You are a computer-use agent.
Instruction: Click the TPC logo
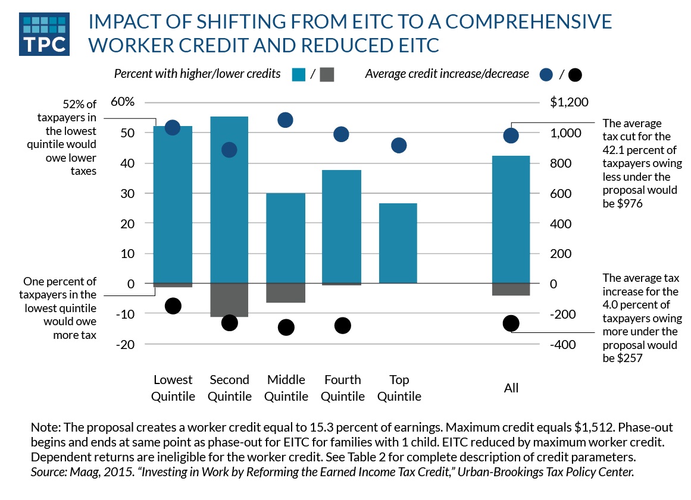click(45, 33)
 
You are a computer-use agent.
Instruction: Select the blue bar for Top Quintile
click(398, 243)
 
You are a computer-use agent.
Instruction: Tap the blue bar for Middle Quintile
click(286, 238)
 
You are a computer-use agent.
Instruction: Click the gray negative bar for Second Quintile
click(229, 300)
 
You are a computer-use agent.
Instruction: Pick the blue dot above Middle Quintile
click(286, 120)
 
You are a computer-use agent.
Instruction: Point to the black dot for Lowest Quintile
click(173, 306)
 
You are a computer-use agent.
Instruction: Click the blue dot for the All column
click(511, 136)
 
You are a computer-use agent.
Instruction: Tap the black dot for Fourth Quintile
click(342, 325)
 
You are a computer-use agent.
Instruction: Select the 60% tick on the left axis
click(123, 102)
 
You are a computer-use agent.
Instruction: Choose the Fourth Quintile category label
click(342, 388)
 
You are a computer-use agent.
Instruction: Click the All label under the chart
click(511, 388)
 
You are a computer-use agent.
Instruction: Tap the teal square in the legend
click(299, 74)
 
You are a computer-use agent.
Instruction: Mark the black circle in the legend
click(575, 76)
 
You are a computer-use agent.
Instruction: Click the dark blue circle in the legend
click(546, 75)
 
